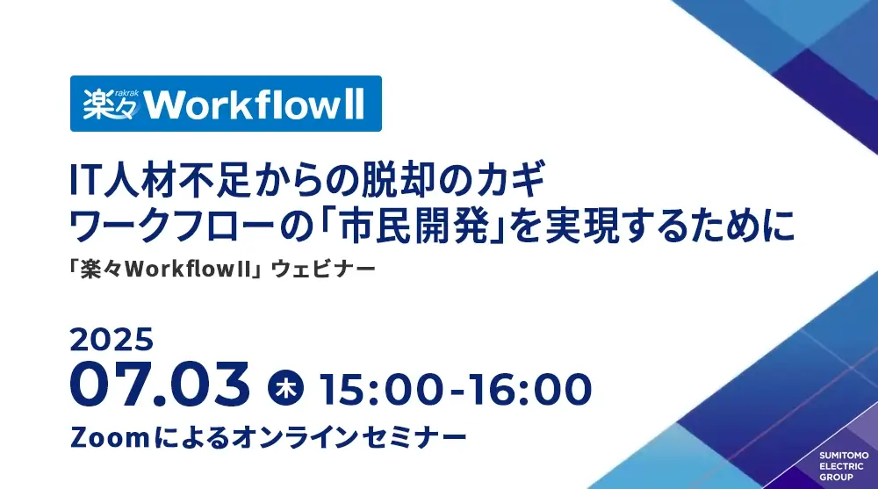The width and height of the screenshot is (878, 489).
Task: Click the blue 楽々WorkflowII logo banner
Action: [x=226, y=104]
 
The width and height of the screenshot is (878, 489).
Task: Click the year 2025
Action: [x=112, y=340]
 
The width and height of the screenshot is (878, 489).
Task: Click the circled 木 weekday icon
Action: [x=285, y=388]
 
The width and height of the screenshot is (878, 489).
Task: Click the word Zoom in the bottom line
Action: [x=110, y=437]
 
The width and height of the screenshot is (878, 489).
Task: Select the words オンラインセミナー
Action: [x=349, y=437]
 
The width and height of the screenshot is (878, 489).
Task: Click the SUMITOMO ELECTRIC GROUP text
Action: [x=844, y=466]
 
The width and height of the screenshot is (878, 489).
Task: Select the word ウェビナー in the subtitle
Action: [x=323, y=270]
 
